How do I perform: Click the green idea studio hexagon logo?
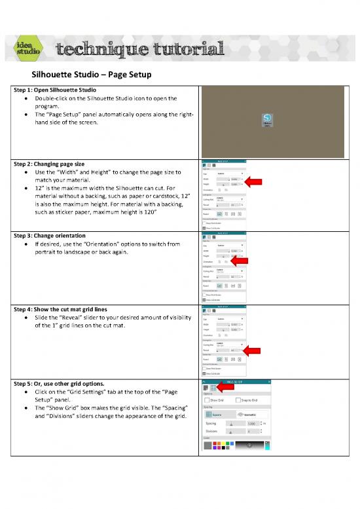pyautogui.click(x=29, y=49)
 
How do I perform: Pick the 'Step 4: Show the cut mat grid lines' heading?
pyautogui.click(x=70, y=308)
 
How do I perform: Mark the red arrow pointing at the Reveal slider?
pyautogui.click(x=253, y=351)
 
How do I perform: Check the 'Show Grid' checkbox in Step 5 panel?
pyautogui.click(x=206, y=400)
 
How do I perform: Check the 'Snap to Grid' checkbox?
pyautogui.click(x=238, y=400)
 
